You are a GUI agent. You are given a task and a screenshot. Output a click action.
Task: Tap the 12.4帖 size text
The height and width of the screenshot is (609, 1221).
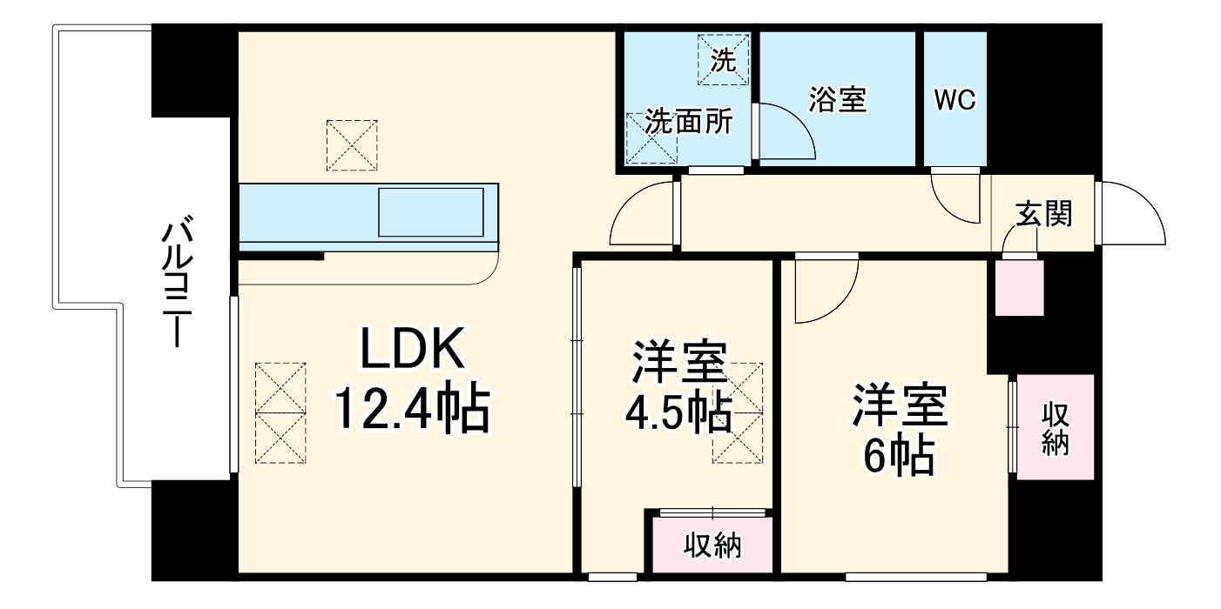pyautogui.click(x=413, y=409)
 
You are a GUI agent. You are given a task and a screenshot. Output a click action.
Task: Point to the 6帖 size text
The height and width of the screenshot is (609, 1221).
pyautogui.click(x=900, y=453)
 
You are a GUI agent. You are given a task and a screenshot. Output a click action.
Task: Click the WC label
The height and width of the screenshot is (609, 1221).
pyautogui.click(x=955, y=100)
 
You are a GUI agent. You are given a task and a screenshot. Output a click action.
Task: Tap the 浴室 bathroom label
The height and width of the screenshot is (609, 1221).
pyautogui.click(x=837, y=100)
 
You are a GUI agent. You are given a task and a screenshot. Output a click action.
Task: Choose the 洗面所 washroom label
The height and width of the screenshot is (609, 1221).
pyautogui.click(x=688, y=123)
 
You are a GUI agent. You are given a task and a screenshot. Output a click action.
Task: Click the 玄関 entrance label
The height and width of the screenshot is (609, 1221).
pyautogui.click(x=1043, y=213)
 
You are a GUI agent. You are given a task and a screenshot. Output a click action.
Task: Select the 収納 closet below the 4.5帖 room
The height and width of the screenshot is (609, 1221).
pyautogui.click(x=712, y=545)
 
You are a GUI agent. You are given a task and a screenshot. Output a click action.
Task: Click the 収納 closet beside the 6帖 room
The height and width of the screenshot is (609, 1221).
pyautogui.click(x=1056, y=428)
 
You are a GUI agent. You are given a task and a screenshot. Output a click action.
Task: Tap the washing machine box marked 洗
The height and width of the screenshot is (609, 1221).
pyautogui.click(x=722, y=59)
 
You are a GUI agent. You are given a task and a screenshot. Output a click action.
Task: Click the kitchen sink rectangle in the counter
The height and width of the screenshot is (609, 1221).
pyautogui.click(x=430, y=212)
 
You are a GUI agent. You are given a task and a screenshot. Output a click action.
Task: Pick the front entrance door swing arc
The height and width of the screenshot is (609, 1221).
pyautogui.click(x=1136, y=213)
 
